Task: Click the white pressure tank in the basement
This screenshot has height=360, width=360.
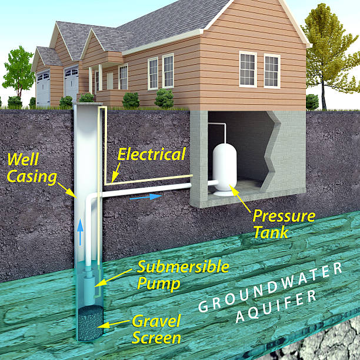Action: pyautogui.click(x=224, y=167)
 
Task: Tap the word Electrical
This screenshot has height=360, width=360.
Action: pyautogui.click(x=151, y=155)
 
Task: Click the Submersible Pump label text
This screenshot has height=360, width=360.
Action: pyautogui.click(x=182, y=274)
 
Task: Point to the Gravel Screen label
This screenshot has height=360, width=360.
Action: pyautogui.click(x=156, y=329)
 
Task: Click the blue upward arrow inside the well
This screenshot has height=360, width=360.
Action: pyautogui.click(x=81, y=232)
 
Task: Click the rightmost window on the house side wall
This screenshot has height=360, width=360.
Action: pyautogui.click(x=272, y=71)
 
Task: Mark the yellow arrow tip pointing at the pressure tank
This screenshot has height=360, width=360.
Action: pyautogui.click(x=232, y=188)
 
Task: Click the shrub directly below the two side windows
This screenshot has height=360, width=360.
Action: pyautogui.click(x=164, y=98)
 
